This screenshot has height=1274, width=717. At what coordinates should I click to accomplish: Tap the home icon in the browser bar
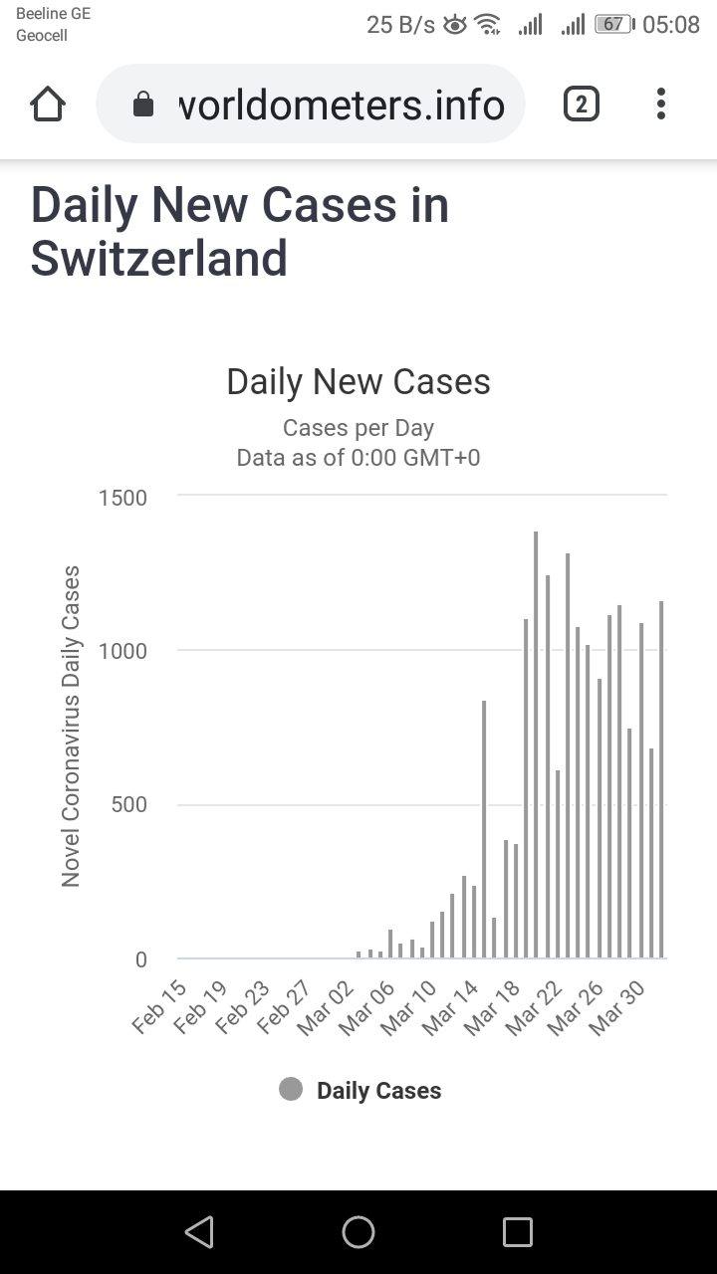click(x=48, y=104)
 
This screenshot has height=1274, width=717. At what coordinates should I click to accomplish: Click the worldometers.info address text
click(x=341, y=104)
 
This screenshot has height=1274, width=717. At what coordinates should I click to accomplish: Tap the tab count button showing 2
click(x=582, y=104)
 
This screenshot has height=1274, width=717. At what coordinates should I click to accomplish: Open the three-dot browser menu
click(x=661, y=104)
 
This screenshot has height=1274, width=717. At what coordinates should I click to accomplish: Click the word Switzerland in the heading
click(x=159, y=258)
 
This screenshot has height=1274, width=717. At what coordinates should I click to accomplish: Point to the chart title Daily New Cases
click(x=358, y=382)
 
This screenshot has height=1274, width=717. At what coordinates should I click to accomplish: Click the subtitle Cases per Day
click(x=358, y=428)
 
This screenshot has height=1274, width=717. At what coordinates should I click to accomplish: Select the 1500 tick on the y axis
click(x=122, y=498)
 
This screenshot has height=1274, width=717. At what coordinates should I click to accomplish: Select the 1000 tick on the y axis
click(x=122, y=652)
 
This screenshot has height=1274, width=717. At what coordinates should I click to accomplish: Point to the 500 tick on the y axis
click(x=128, y=805)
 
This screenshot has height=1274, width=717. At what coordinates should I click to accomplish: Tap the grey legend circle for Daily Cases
click(x=291, y=1090)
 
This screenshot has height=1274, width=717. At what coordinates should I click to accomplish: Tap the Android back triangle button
click(x=199, y=1232)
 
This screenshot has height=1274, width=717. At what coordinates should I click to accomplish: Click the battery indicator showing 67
click(x=613, y=25)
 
